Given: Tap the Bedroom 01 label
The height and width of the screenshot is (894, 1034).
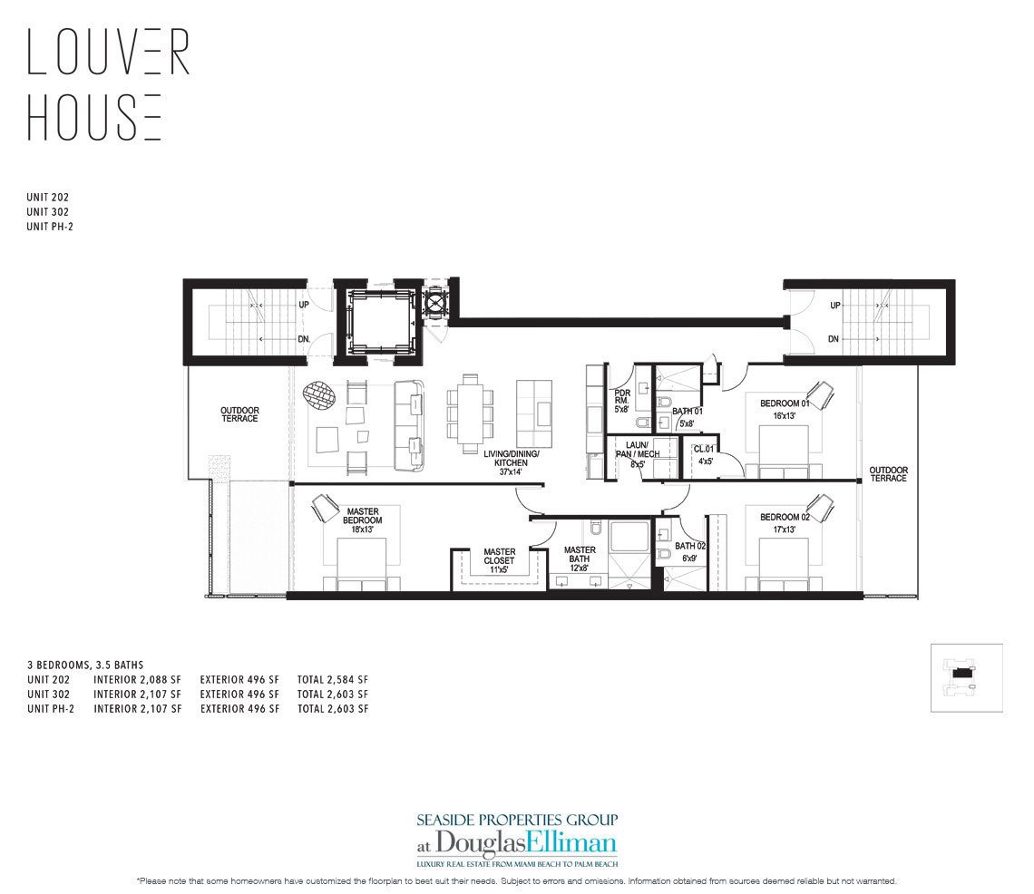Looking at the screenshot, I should (x=784, y=409).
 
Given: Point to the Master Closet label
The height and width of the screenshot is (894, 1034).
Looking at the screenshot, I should (x=499, y=556).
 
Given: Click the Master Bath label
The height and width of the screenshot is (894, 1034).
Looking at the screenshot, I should (x=580, y=555).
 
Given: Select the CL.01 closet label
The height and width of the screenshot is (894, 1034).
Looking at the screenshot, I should (x=704, y=454).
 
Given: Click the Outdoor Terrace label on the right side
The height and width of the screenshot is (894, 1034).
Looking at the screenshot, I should (x=888, y=474).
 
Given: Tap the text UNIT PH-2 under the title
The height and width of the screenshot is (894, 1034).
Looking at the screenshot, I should (x=50, y=226).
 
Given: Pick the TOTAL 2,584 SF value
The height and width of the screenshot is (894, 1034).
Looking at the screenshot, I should (x=332, y=679).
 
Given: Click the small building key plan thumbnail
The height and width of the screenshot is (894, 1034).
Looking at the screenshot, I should (x=966, y=678).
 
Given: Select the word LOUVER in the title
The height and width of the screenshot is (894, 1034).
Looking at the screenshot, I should (x=109, y=53).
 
